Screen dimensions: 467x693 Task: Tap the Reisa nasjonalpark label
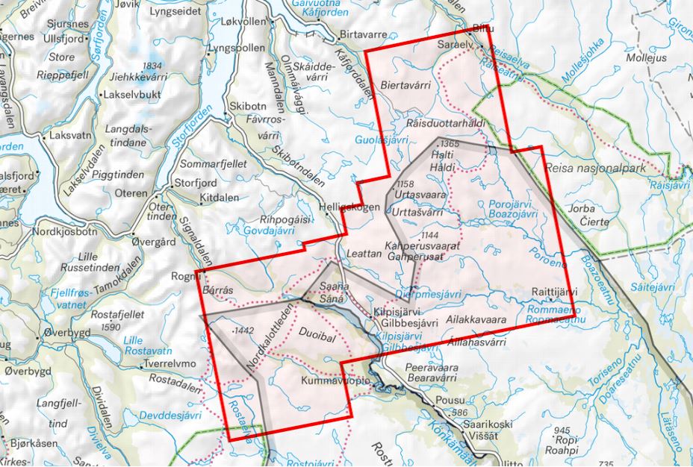(x=594, y=169)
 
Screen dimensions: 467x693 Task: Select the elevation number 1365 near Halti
(x=450, y=143)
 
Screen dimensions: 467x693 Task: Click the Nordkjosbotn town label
(x=66, y=231)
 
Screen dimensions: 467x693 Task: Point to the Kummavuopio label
(x=335, y=381)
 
